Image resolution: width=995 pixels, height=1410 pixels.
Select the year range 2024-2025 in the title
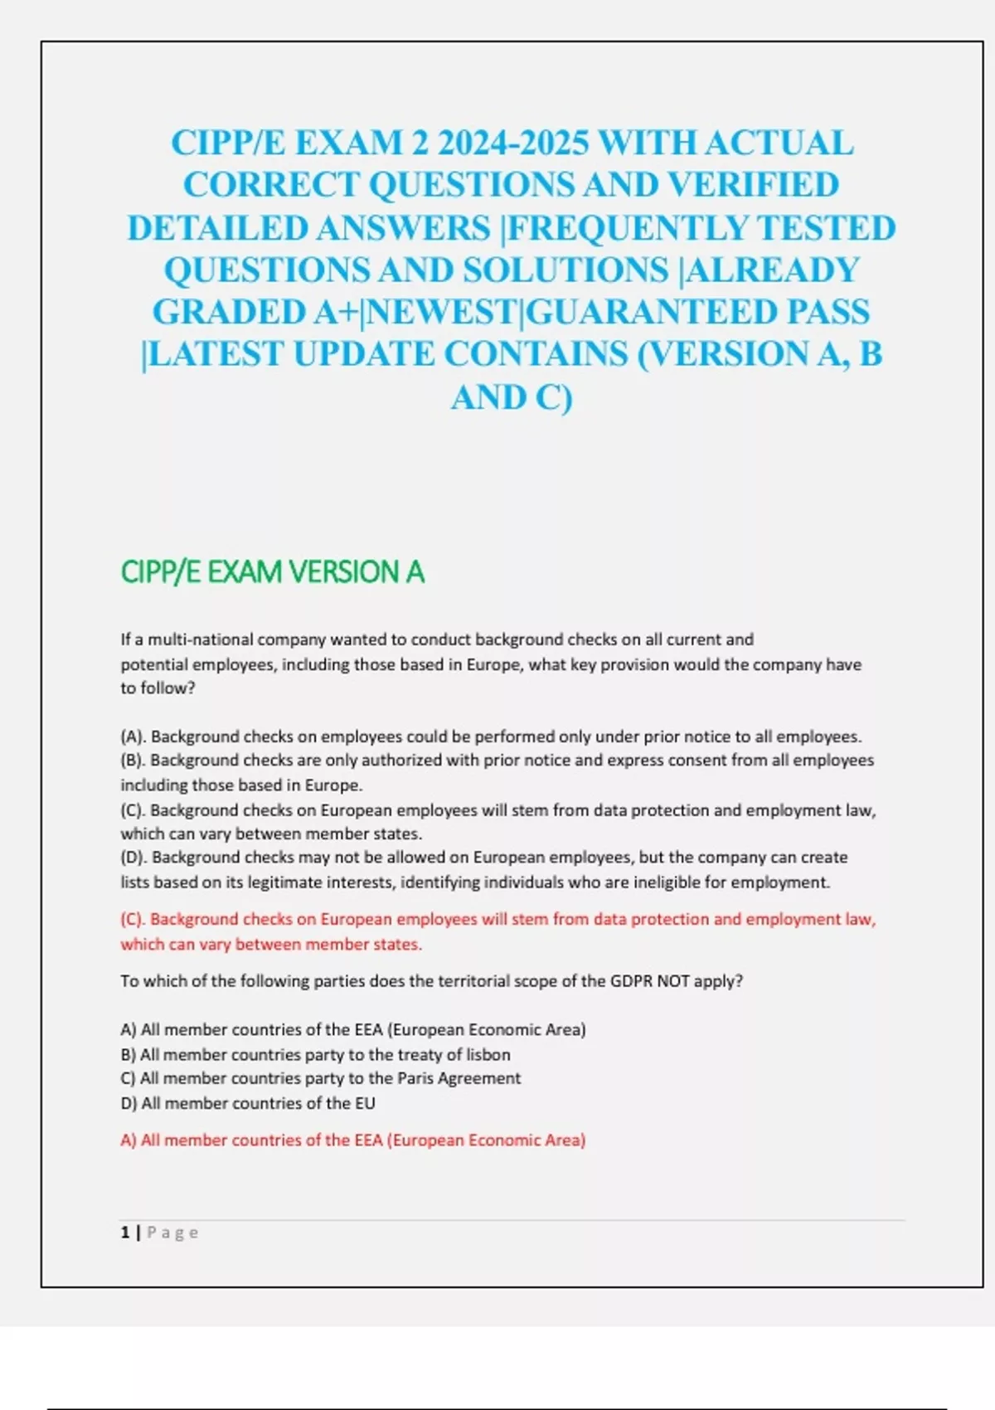pos(512,143)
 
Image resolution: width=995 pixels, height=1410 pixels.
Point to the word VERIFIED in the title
pos(753,186)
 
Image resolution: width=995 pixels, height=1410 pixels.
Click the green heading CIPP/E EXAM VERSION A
pos(272,572)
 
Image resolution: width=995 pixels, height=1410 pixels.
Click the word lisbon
pos(488,1055)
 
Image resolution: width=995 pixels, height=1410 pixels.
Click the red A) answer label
pos(128,1140)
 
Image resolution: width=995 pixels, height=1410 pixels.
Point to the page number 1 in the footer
pos(125,1233)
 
